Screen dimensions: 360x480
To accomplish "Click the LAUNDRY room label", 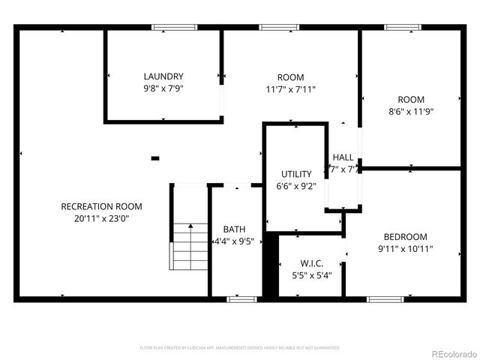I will [163, 76].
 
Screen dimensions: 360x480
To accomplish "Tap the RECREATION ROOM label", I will [101, 206].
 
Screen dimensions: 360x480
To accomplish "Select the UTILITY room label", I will [296, 174].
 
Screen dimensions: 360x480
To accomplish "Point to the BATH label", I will [234, 229].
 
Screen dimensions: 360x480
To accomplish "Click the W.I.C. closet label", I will [311, 263].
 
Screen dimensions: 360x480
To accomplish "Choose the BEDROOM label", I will [405, 236].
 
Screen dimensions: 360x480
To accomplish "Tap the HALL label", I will [343, 157].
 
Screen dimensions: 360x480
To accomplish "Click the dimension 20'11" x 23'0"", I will [101, 218].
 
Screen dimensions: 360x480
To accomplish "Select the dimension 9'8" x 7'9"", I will [163, 88].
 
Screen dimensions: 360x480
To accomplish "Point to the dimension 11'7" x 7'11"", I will [291, 89].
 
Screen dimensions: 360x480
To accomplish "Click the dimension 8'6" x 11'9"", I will [411, 111].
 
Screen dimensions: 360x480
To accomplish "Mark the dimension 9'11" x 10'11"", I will [405, 248].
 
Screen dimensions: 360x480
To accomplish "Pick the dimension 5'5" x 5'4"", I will [311, 275].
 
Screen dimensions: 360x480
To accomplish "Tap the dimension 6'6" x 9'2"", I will [296, 186].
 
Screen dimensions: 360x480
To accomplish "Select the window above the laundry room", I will [169, 28].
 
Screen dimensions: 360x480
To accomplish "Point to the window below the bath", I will [241, 299].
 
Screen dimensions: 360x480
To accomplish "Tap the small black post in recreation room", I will [155, 158].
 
